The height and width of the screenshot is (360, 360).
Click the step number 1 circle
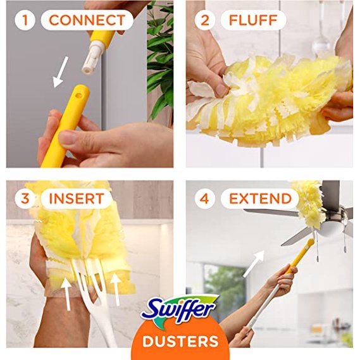(25, 20)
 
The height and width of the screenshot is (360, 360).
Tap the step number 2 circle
(205, 20)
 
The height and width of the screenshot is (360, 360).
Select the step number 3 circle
(25, 199)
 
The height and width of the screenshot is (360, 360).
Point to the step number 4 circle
(205, 199)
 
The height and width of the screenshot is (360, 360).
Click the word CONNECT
(87, 20)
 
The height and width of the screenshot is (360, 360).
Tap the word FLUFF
(253, 20)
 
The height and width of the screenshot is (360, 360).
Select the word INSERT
(77, 199)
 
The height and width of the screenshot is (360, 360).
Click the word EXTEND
(261, 199)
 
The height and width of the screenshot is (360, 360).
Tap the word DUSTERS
(180, 341)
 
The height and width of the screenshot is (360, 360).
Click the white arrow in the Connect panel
(61, 72)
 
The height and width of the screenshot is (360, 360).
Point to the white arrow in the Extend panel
(254, 264)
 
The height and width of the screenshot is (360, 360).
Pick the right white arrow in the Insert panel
(116, 289)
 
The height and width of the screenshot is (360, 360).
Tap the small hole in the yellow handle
(79, 95)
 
